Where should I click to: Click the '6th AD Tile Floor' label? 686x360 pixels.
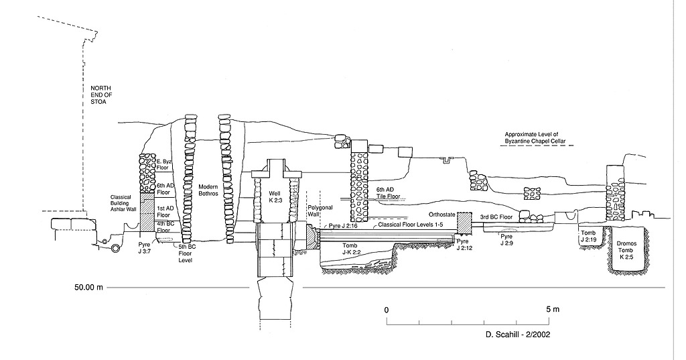coord(388,194)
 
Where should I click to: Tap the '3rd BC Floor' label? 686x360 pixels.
coord(497,218)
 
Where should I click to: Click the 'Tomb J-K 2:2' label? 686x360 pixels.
coord(353,249)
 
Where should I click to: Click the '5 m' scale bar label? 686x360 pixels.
coord(551,310)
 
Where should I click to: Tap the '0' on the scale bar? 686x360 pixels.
coord(387,310)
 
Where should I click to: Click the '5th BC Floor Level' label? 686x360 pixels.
coord(186,253)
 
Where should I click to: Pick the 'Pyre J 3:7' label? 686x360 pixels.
coord(144,249)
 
